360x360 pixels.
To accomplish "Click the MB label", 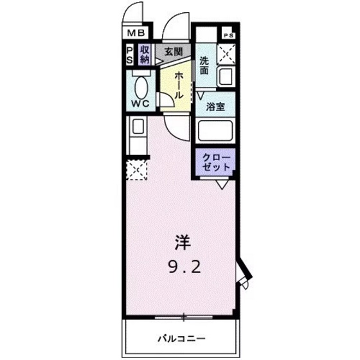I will (x=136, y=32).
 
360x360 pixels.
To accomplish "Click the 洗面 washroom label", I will (x=204, y=66).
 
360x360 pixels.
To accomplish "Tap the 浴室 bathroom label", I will (x=215, y=107).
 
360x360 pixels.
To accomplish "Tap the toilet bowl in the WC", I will (x=140, y=83).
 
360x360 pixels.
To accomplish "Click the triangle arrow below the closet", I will (x=221, y=185).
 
